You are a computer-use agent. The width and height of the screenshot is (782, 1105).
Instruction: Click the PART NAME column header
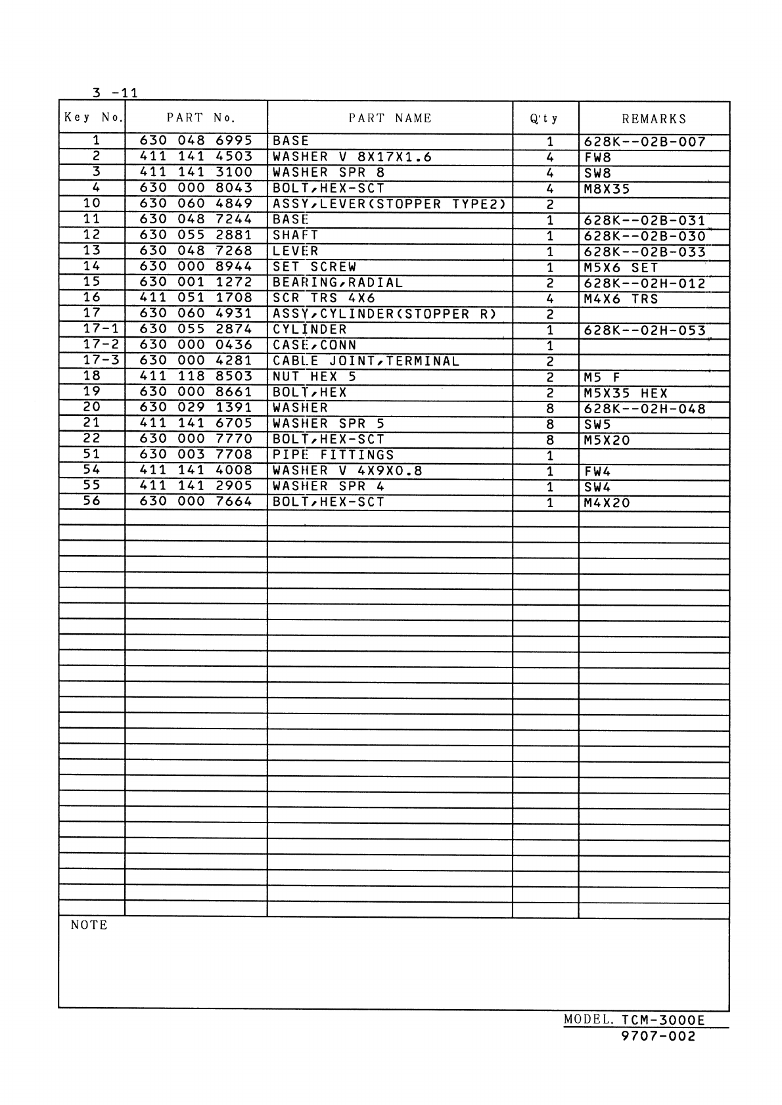coord(390,118)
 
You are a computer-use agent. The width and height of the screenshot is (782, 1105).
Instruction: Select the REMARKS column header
coord(654,119)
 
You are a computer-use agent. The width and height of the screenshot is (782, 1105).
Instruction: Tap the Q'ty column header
coord(544,119)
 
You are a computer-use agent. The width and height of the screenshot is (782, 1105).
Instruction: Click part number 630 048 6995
coord(196,141)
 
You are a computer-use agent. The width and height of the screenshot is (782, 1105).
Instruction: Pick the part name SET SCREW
coord(314,267)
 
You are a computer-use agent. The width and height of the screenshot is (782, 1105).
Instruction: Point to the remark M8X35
coord(607,189)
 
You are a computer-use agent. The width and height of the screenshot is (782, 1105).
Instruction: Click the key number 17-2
coord(101,344)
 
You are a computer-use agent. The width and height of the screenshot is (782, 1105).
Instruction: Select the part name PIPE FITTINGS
coord(333,455)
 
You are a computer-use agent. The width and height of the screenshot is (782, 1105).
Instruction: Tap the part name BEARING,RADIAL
coord(338,282)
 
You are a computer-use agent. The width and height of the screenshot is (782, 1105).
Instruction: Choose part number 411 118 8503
coord(196,376)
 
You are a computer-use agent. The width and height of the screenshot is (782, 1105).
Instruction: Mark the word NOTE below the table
coord(89,925)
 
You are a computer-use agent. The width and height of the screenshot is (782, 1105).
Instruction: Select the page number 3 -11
coord(115,93)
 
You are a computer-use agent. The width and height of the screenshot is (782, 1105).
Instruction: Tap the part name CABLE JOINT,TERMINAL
coord(366,361)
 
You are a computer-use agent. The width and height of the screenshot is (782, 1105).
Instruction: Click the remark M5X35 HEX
coord(625,394)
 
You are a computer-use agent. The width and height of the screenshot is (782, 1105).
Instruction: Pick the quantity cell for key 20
coord(550,409)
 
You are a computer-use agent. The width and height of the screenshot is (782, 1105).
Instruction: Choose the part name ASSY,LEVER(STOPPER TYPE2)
coord(389,204)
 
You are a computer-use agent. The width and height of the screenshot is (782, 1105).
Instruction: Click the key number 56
coord(92,501)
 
